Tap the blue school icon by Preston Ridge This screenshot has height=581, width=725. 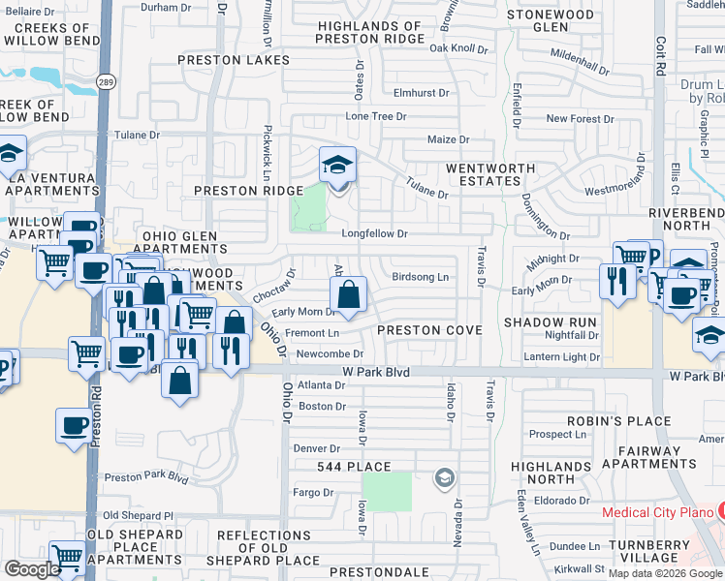click(338, 165)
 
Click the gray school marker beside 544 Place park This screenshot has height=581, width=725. click(444, 477)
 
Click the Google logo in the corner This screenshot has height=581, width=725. click(33, 569)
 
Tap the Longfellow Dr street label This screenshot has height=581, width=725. click(374, 233)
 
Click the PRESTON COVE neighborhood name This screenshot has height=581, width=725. click(429, 330)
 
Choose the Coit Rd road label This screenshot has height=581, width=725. click(661, 57)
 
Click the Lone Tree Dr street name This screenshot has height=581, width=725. click(376, 116)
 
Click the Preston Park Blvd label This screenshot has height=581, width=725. click(145, 477)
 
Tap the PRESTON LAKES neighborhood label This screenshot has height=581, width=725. click(233, 59)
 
